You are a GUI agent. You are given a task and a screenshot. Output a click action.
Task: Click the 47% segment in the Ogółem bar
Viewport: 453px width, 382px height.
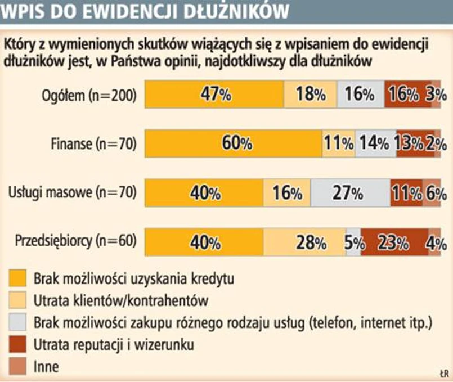[x=214, y=95]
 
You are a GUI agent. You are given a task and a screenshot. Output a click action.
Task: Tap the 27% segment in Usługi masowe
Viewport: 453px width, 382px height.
[x=349, y=193]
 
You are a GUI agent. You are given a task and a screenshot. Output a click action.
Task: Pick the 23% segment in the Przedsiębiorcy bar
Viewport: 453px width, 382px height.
[x=394, y=242]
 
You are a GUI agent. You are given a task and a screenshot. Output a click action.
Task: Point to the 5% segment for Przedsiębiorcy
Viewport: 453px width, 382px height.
[x=354, y=242]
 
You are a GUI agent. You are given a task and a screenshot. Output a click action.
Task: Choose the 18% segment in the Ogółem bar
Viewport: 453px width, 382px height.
[x=310, y=95]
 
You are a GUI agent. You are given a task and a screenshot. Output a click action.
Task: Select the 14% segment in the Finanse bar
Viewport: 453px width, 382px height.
[x=375, y=143]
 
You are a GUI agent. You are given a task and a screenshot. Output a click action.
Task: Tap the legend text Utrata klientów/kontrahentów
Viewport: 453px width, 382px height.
[x=121, y=300]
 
